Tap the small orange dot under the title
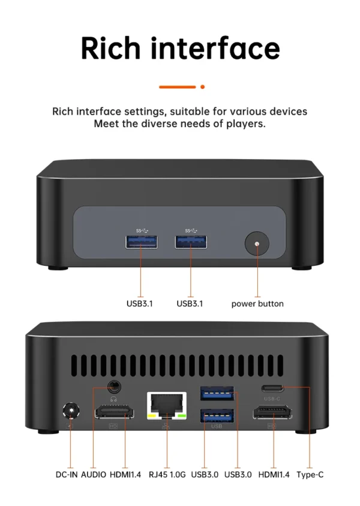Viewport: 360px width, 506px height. coord(202,86)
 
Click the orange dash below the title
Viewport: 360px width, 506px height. coord(178,86)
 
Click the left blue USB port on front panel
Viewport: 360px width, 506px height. coord(142,241)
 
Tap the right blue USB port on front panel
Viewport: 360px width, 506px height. coord(191,241)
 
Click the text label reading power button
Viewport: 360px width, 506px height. coord(257,304)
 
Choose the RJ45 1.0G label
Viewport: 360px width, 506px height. coord(166,474)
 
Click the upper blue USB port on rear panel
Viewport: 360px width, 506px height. coord(217,394)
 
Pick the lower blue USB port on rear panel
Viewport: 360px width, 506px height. coord(217,415)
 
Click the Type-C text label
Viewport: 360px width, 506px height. coord(310,474)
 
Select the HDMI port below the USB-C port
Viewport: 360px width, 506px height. coord(272,413)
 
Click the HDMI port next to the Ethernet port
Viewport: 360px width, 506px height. coord(114,414)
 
